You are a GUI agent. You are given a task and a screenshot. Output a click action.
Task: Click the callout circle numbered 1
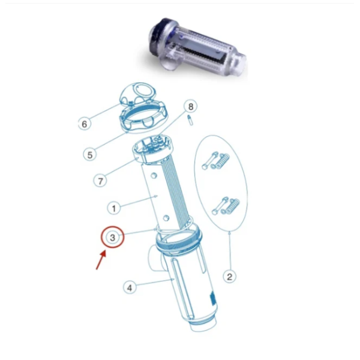pyautogui.click(x=113, y=208)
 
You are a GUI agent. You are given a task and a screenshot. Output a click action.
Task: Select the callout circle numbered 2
pyautogui.click(x=229, y=277)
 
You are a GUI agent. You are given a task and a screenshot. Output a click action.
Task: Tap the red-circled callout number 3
pyautogui.click(x=112, y=238)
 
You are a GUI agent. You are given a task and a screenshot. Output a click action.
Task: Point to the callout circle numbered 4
pyautogui.click(x=129, y=287)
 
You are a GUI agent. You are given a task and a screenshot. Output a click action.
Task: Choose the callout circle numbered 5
pyautogui.click(x=89, y=154)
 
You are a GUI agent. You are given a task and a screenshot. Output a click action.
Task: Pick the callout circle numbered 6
pyautogui.click(x=85, y=124)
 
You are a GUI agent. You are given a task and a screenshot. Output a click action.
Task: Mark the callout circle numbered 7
pyautogui.click(x=100, y=179)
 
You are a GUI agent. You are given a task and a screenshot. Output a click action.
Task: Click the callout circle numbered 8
pyautogui.click(x=191, y=107)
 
